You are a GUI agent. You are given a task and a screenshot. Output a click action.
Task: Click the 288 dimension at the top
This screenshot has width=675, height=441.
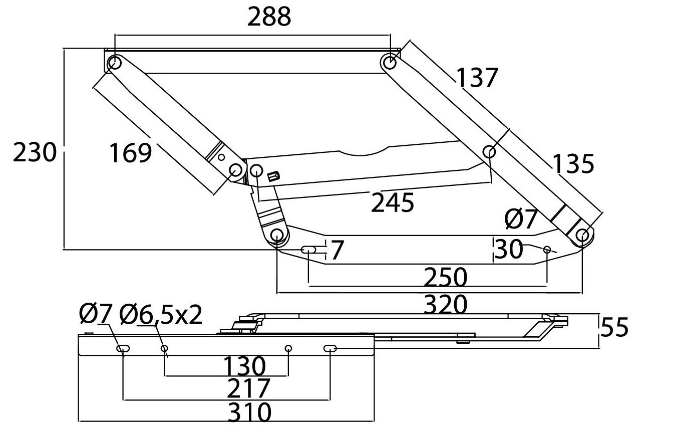click(269, 17)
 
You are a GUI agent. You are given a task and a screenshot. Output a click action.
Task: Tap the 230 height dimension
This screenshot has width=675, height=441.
click(35, 152)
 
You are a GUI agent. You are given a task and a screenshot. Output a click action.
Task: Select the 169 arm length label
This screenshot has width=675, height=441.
click(131, 153)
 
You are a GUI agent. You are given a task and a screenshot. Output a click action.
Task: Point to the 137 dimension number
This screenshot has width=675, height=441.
click(477, 78)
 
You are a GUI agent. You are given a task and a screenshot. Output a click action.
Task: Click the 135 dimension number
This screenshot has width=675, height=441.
click(573, 164)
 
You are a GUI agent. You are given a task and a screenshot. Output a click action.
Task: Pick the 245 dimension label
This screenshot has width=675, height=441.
click(393, 203)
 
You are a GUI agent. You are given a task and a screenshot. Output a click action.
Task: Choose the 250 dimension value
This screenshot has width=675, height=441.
click(445, 277)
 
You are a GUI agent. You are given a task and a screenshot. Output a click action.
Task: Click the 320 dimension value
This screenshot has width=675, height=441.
click(445, 305)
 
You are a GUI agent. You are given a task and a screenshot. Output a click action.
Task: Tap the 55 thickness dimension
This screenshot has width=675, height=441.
click(614, 327)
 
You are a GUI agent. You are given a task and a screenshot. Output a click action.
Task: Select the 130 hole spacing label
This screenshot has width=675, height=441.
click(244, 366)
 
